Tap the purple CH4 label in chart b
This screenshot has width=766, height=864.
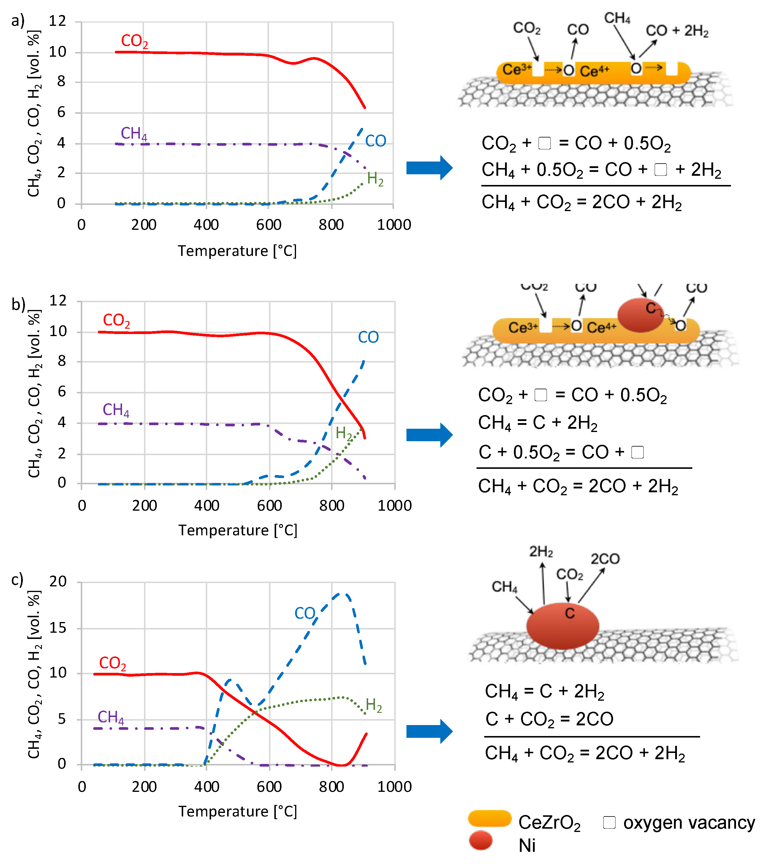(116, 410)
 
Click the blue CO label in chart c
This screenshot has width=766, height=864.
(305, 613)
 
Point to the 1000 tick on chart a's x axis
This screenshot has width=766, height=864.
(394, 224)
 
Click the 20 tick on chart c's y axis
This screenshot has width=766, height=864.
(58, 582)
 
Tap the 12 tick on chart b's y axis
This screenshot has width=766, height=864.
(58, 301)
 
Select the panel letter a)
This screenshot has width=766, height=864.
(18, 20)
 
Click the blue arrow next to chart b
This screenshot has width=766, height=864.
(429, 435)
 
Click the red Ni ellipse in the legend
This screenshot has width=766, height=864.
(481, 840)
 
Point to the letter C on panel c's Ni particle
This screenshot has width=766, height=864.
(569, 613)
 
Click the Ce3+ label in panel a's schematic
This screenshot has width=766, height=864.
(517, 69)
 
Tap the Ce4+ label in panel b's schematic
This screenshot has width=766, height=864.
(601, 327)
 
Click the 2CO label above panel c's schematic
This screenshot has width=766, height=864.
(605, 559)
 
